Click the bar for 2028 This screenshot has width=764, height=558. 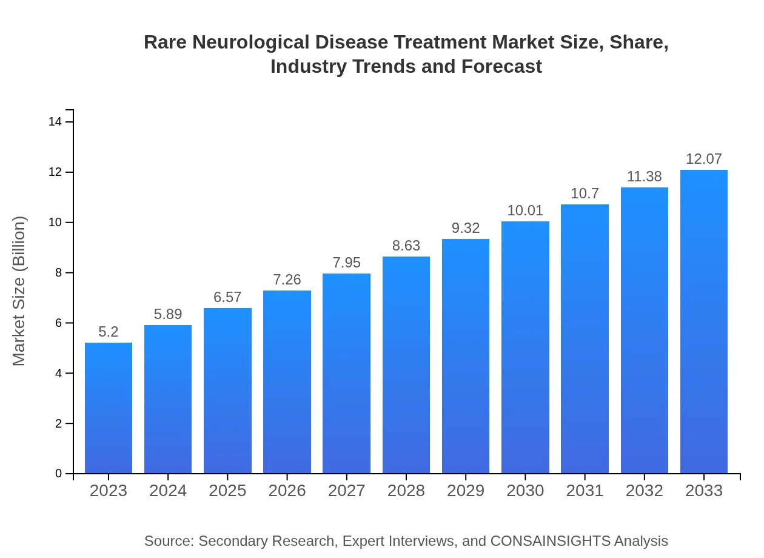[x=406, y=365]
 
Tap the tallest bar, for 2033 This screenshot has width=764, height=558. [x=704, y=321]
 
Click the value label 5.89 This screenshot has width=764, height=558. [x=168, y=314]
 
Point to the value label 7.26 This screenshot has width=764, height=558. [x=287, y=280]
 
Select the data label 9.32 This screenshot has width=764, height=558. [x=466, y=228]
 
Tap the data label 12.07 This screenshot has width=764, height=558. [x=704, y=159]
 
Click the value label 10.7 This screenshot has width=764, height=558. [x=585, y=193]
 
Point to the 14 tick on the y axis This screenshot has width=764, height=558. [x=55, y=122]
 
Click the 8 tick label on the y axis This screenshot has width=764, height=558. [x=59, y=273]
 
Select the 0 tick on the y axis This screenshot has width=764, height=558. [x=59, y=474]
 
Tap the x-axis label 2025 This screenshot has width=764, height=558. [x=227, y=491]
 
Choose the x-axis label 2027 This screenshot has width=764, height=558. [x=347, y=491]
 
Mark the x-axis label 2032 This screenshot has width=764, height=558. [x=645, y=491]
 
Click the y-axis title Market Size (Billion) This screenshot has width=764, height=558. [x=19, y=291]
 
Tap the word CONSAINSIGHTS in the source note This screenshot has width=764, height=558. [x=550, y=541]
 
